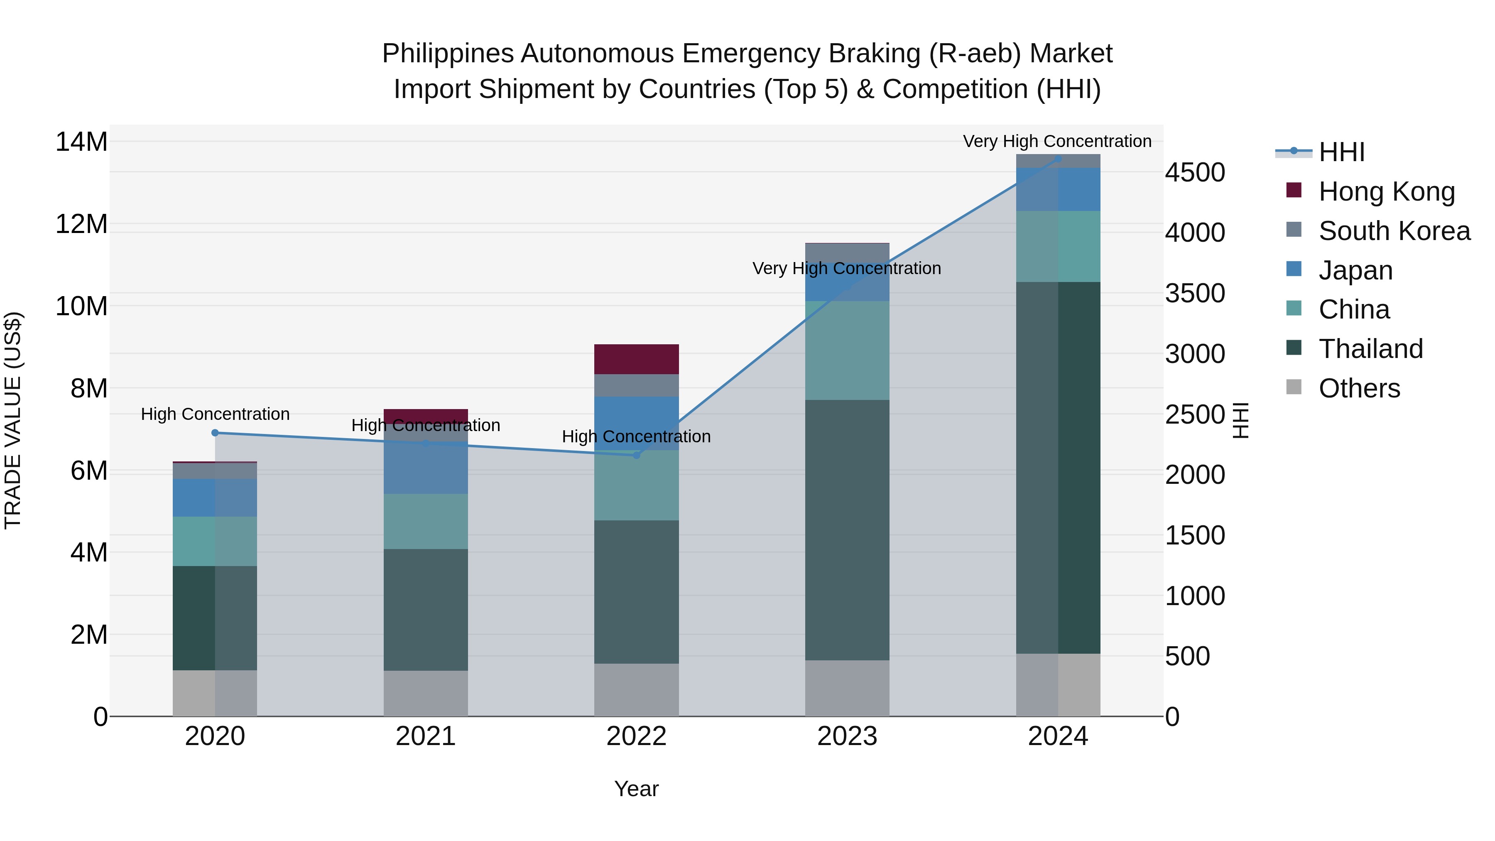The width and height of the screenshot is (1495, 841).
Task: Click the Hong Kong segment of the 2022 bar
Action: pos(636,359)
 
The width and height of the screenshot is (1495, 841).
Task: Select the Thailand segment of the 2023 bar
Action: pos(847,530)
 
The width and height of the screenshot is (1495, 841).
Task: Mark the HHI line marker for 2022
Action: pos(636,456)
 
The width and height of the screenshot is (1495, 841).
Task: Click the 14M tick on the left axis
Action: pos(81,142)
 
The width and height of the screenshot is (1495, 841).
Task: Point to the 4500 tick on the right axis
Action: pos(1194,172)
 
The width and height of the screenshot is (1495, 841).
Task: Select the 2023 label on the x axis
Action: pos(847,736)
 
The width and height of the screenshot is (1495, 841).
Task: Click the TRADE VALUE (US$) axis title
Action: pos(13,420)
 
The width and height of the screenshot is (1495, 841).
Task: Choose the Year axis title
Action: pos(636,789)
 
